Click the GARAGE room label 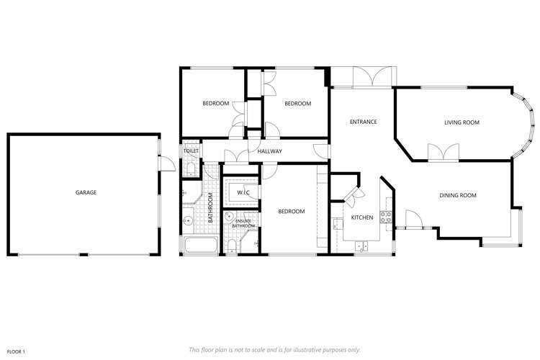[x=86, y=192]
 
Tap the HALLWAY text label [x=269, y=151]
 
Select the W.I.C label [x=243, y=192]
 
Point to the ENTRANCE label [x=363, y=122]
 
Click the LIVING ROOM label [x=462, y=122]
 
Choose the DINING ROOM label [x=458, y=195]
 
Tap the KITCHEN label [x=361, y=217]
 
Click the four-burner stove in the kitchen [x=387, y=215]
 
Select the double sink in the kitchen [x=361, y=246]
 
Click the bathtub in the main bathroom [x=201, y=246]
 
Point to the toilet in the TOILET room [x=189, y=169]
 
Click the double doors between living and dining [x=442, y=153]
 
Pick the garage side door [x=166, y=163]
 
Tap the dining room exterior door [x=413, y=220]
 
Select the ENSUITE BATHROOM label [x=243, y=224]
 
